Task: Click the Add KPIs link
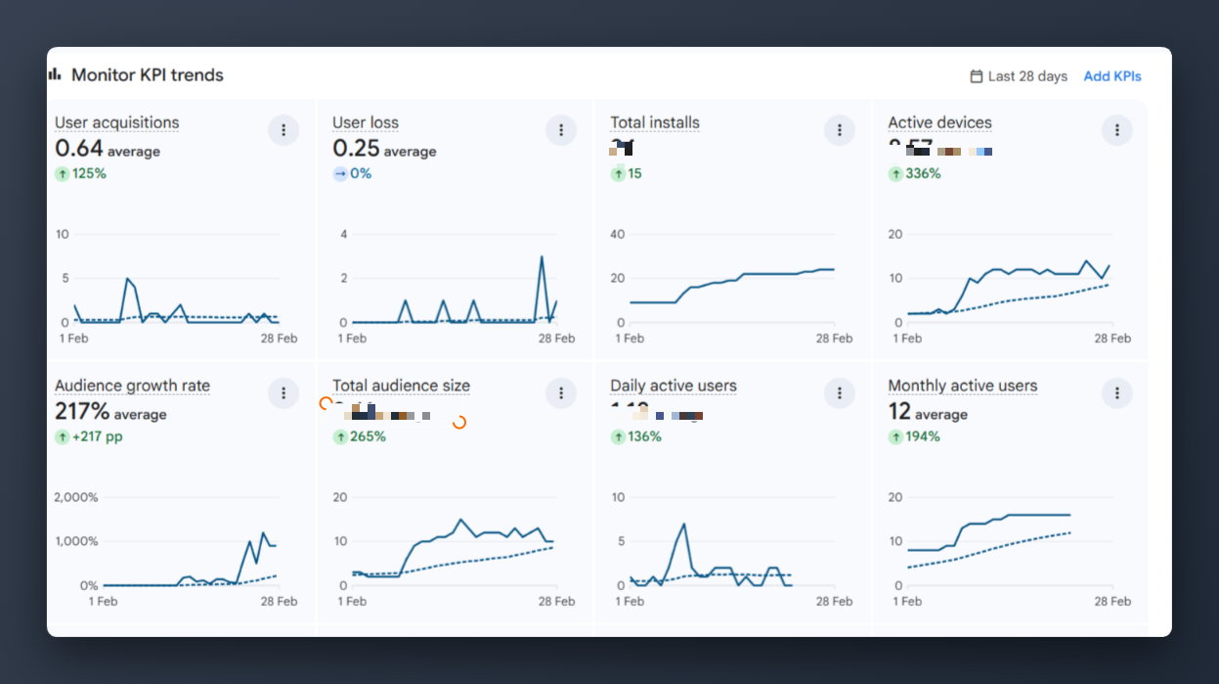point(1111,76)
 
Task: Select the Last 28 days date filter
point(1018,76)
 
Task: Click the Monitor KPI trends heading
point(147,75)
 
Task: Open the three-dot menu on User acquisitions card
point(283,130)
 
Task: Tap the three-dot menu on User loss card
point(561,130)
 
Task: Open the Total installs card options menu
point(839,130)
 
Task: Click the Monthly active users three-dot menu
point(1116,393)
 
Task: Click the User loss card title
point(366,122)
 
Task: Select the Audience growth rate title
point(132,386)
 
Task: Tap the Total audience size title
point(401,386)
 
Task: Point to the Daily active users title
point(674,386)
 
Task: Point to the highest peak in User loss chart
point(542,257)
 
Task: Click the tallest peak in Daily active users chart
point(684,524)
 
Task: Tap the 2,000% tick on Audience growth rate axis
point(76,497)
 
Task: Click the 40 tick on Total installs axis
point(617,234)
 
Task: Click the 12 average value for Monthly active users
point(927,413)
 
